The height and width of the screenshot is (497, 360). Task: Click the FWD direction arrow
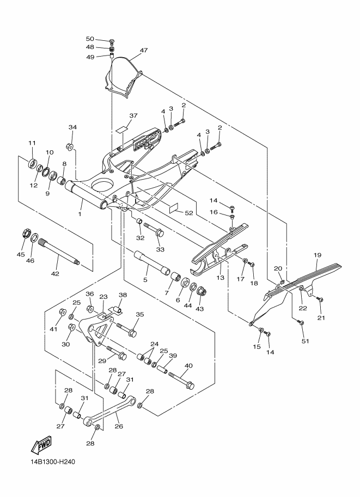click(x=41, y=446)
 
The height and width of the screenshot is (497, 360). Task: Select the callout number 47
click(x=144, y=51)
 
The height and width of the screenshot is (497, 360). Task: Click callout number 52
click(x=189, y=213)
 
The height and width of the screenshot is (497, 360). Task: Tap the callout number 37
click(x=133, y=116)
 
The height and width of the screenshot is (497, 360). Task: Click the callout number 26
click(x=118, y=427)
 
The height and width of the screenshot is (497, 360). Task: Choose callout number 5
click(x=145, y=280)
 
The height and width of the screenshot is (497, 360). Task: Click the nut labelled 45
click(x=25, y=235)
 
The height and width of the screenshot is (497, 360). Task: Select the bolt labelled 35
click(x=129, y=330)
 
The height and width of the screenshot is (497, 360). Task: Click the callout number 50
click(x=90, y=39)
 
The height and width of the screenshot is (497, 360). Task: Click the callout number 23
click(x=103, y=297)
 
